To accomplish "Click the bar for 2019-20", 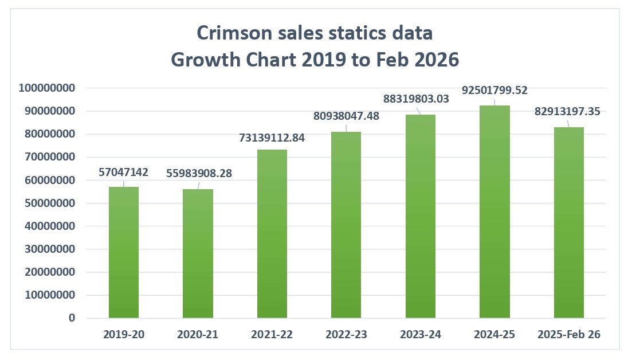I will point(124,252).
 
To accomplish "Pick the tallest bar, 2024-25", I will point(494,212).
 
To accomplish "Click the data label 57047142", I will point(124,171).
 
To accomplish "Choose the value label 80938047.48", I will point(346,116).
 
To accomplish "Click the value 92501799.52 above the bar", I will point(494,90).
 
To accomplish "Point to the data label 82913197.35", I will point(568,111).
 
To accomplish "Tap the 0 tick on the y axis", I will point(72,318).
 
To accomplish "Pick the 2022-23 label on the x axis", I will point(346,335).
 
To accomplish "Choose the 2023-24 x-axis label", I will point(421,335).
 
